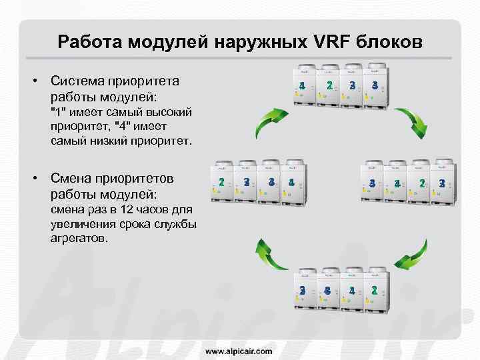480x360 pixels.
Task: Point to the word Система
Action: pyautogui.click(x=81, y=81)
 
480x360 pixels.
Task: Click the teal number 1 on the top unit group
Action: pyautogui.click(x=302, y=85)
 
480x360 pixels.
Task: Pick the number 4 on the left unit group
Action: pyautogui.click(x=291, y=182)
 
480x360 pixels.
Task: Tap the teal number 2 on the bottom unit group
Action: pyautogui.click(x=375, y=290)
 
